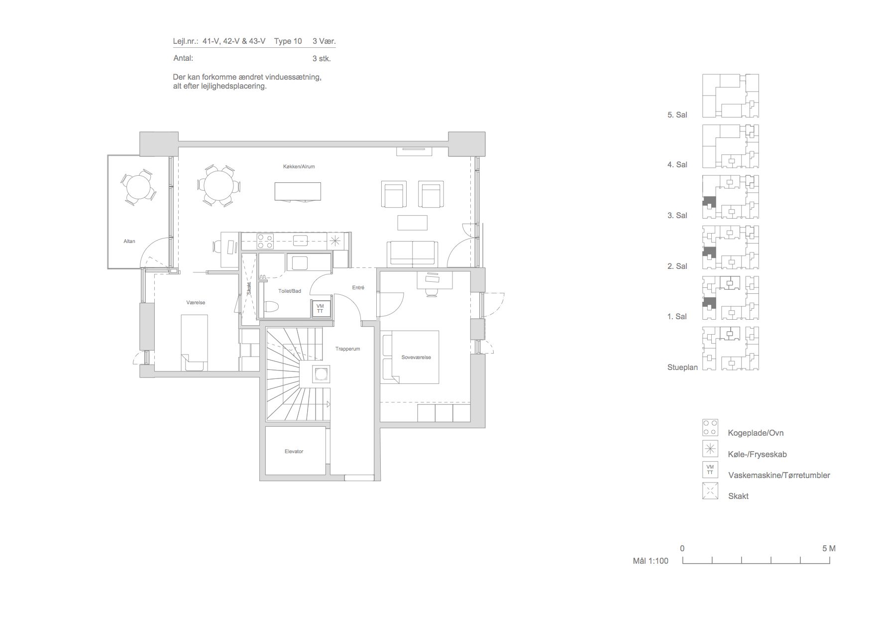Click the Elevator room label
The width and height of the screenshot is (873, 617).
click(294, 451)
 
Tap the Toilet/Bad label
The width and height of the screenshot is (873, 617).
click(290, 291)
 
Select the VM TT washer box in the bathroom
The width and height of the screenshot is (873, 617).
click(320, 308)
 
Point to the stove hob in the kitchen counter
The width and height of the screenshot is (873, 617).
click(264, 241)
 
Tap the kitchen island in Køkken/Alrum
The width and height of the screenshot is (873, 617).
click(298, 191)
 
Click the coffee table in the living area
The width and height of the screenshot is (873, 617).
click(412, 222)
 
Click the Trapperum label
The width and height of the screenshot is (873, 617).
click(347, 349)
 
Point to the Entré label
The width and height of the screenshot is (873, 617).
click(358, 287)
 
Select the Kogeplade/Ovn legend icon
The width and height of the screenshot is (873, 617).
click(710, 427)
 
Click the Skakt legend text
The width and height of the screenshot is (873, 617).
click(738, 496)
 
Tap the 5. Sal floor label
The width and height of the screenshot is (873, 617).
click(677, 115)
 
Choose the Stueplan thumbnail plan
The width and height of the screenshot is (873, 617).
click(731, 349)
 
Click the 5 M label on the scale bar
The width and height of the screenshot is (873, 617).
click(829, 548)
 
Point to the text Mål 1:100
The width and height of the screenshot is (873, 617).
click(651, 561)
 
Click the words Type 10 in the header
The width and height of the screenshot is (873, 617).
click(288, 41)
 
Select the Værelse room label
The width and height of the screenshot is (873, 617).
click(196, 302)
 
